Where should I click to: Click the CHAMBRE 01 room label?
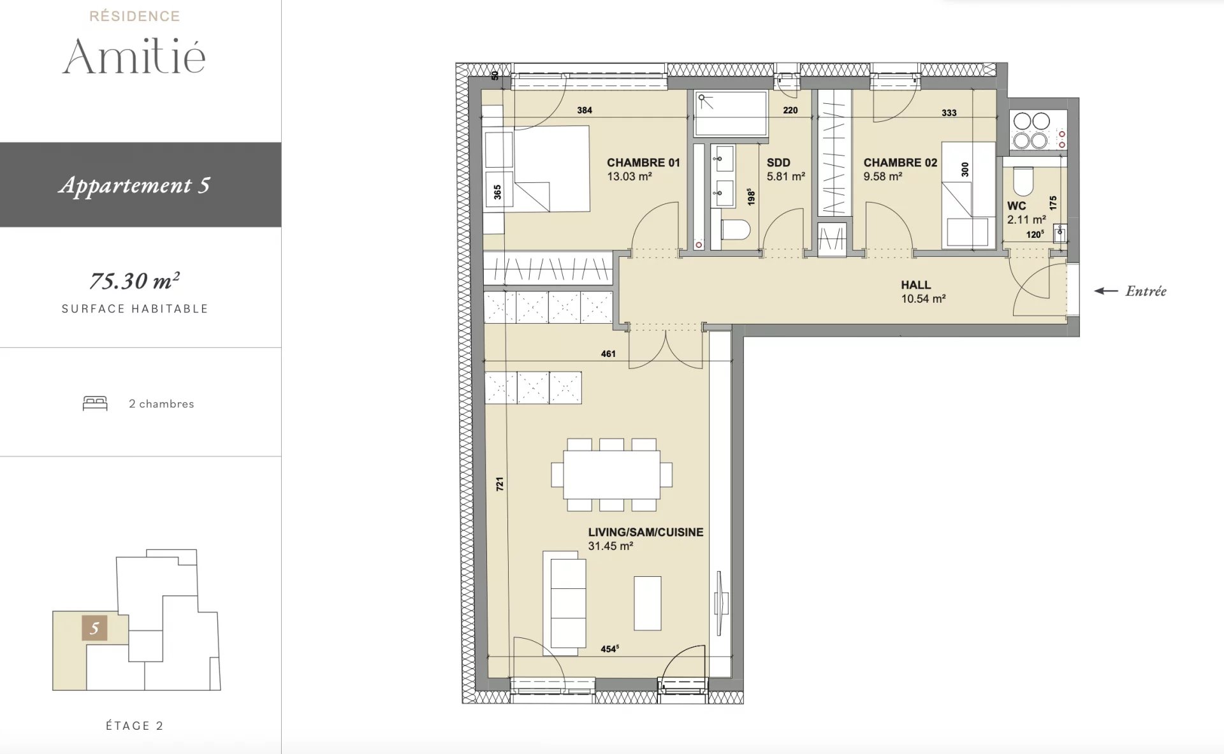pyautogui.click(x=643, y=163)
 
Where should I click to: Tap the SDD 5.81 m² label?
pyautogui.click(x=785, y=170)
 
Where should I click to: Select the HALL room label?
pyautogui.click(x=915, y=285)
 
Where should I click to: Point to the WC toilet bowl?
pyautogui.click(x=1023, y=182)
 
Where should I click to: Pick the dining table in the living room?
pyautogui.click(x=611, y=475)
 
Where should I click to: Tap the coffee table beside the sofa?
pyautogui.click(x=648, y=603)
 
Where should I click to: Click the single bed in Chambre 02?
pyautogui.click(x=968, y=195)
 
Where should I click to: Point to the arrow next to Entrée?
pyautogui.click(x=1106, y=291)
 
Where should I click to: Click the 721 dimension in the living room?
pyautogui.click(x=500, y=484)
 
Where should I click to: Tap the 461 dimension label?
pyautogui.click(x=608, y=354)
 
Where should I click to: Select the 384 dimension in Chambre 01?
pyautogui.click(x=585, y=110)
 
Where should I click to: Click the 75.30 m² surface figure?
pyautogui.click(x=135, y=280)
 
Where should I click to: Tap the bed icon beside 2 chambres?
pyautogui.click(x=95, y=403)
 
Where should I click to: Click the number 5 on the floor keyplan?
pyautogui.click(x=94, y=628)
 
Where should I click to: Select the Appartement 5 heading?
pyautogui.click(x=135, y=185)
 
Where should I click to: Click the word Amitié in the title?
pyautogui.click(x=134, y=56)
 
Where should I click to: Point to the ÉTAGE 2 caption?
pyautogui.click(x=135, y=725)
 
